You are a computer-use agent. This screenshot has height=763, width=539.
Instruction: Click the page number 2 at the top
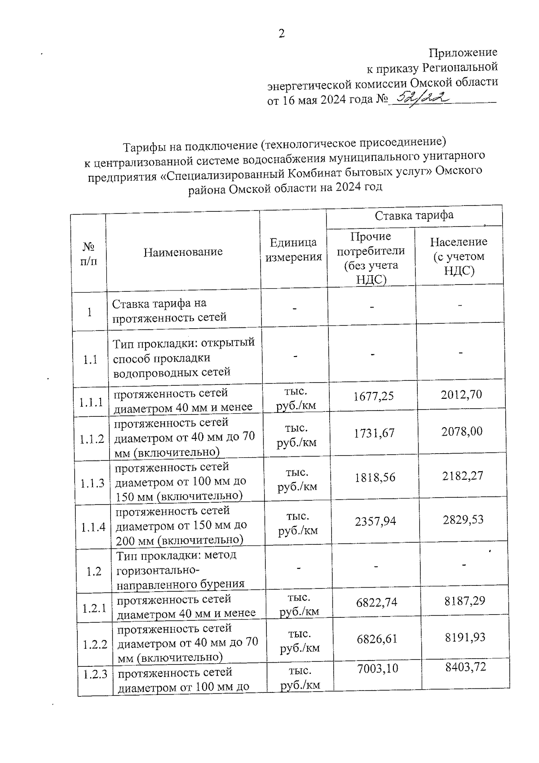(x=282, y=34)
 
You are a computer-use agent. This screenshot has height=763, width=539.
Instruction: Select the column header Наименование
(x=183, y=252)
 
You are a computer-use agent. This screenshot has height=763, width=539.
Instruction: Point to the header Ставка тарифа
(x=414, y=215)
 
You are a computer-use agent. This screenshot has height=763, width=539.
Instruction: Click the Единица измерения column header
(x=294, y=250)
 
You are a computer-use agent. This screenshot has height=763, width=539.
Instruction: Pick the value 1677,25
(x=374, y=396)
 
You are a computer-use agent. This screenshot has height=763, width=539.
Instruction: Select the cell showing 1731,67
(x=374, y=433)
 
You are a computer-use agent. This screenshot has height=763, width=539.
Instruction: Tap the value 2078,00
(x=462, y=432)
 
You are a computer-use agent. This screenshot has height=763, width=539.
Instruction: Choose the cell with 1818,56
(x=375, y=477)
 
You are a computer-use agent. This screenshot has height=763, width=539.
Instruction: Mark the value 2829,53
(x=463, y=520)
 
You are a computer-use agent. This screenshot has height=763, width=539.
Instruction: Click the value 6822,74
(x=376, y=602)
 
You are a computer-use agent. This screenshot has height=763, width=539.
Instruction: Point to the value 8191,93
(x=465, y=637)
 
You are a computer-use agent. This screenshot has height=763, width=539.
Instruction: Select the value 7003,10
(x=377, y=669)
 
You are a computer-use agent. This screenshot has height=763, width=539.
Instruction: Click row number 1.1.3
(x=93, y=483)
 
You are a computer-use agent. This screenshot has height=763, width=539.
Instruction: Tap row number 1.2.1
(x=94, y=609)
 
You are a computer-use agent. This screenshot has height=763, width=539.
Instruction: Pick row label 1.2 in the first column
(x=94, y=572)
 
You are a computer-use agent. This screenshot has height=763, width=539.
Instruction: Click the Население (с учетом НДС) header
(x=459, y=256)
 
